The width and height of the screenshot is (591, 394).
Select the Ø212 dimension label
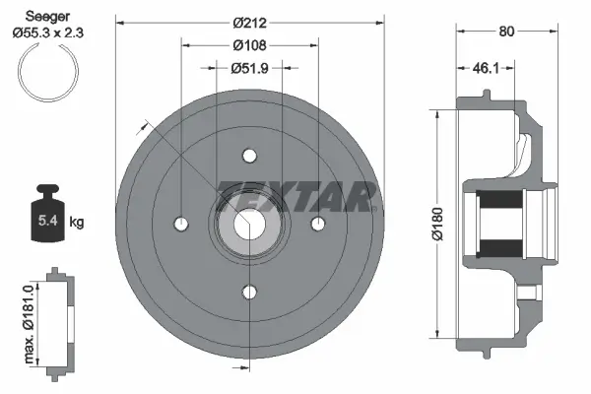coord(248,20)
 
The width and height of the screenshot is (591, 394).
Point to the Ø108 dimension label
coord(249,45)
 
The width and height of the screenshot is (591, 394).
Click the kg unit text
coord(77,223)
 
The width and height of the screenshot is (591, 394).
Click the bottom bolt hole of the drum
coord(249,292)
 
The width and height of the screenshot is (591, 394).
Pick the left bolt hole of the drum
coord(181,224)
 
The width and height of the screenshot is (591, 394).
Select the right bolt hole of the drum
coord(317,224)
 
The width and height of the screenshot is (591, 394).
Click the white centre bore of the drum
coord(249,224)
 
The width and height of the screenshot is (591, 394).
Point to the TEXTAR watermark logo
coord(295,196)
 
